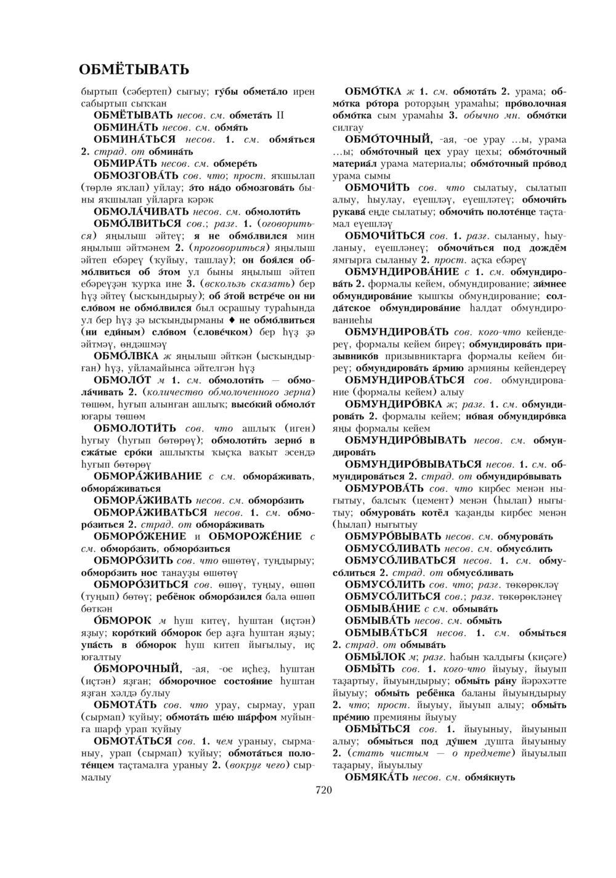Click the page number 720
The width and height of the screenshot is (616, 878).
pos(323,790)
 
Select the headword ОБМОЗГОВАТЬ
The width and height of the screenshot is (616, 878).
pos(130,175)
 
